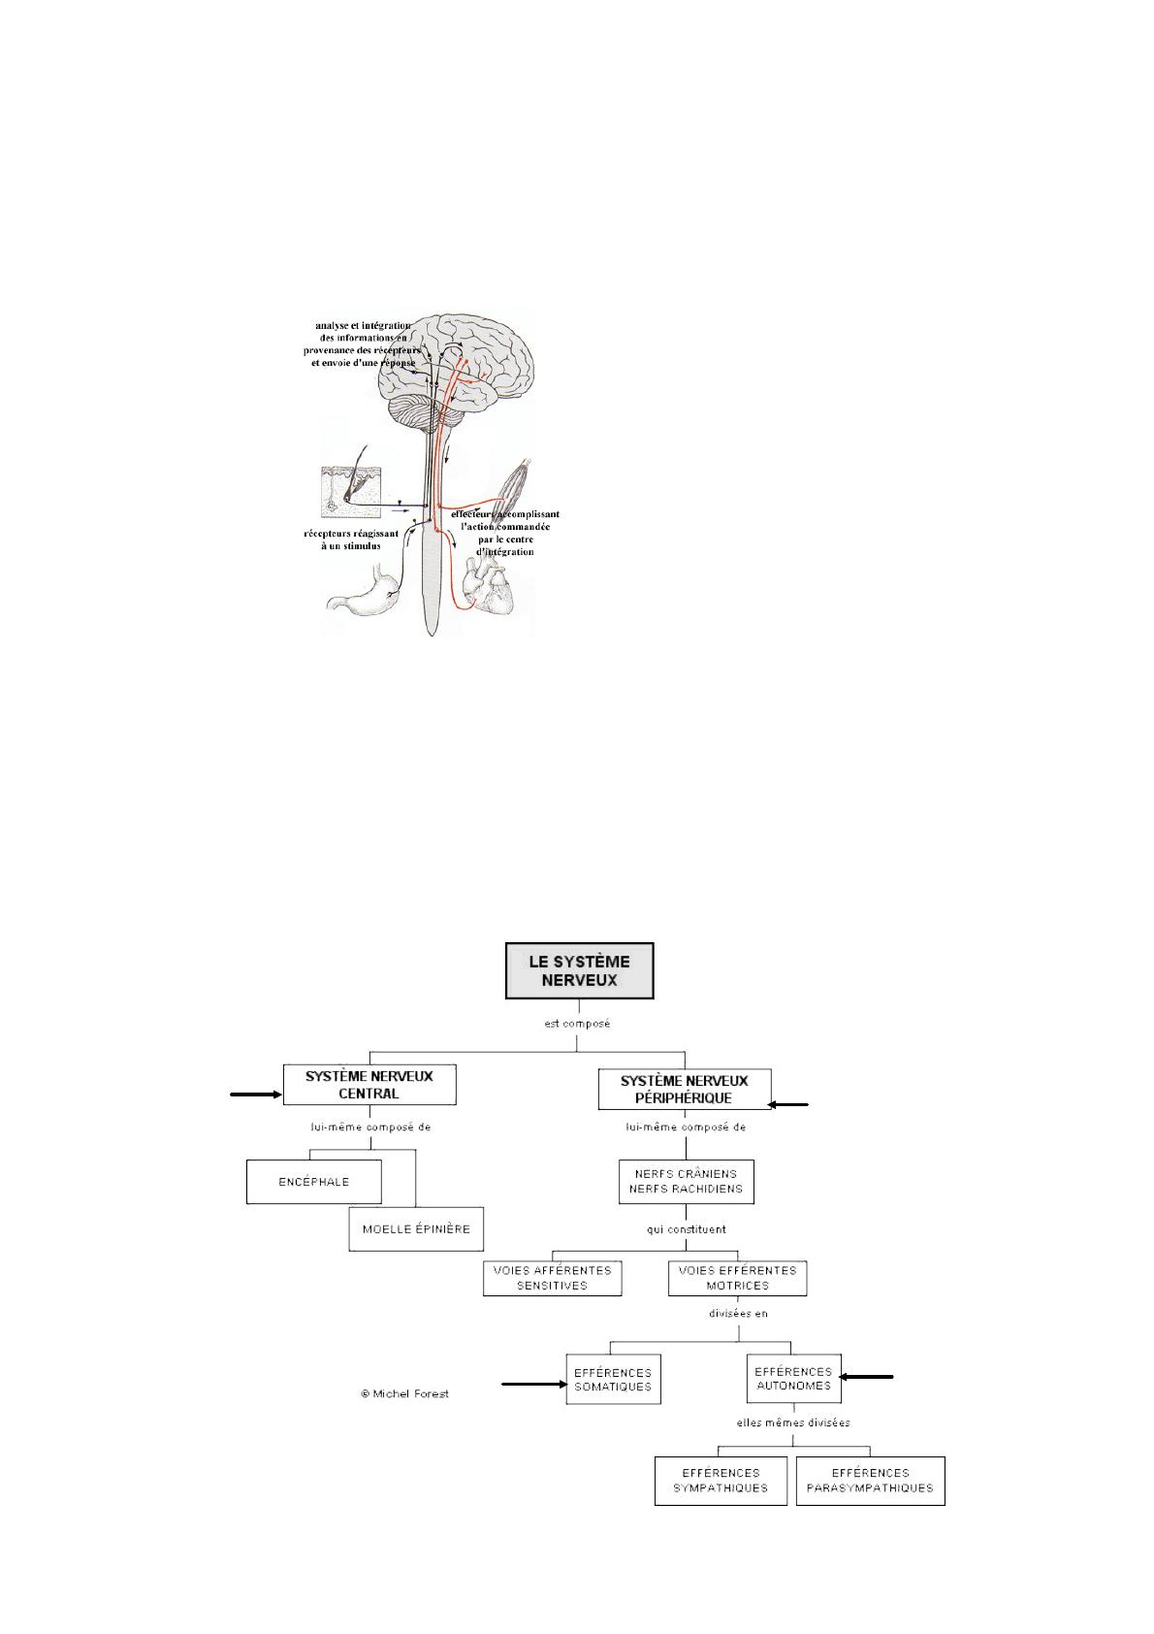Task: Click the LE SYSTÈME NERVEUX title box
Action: point(579,970)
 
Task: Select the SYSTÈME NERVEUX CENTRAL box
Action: point(369,1084)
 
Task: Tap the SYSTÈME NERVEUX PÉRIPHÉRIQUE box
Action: point(685,1089)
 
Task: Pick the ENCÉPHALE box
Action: point(313,1182)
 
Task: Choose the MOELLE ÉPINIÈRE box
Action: point(416,1228)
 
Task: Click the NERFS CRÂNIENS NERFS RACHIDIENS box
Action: point(686,1181)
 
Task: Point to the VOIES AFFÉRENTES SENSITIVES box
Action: point(552,1277)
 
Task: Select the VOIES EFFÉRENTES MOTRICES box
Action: point(737,1277)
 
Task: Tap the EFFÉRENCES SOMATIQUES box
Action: point(613,1379)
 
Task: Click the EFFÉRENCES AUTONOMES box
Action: point(793,1378)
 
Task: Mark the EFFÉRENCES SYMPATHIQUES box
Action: point(720,1480)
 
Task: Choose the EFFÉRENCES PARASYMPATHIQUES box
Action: point(870,1480)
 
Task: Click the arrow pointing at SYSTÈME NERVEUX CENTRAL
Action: point(256,1095)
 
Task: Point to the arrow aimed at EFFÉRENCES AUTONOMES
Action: point(866,1376)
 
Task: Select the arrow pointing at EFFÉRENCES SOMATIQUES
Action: point(533,1386)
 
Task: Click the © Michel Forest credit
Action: point(404,1393)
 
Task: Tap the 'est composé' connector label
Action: point(577,1023)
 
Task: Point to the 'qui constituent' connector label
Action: point(687,1228)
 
